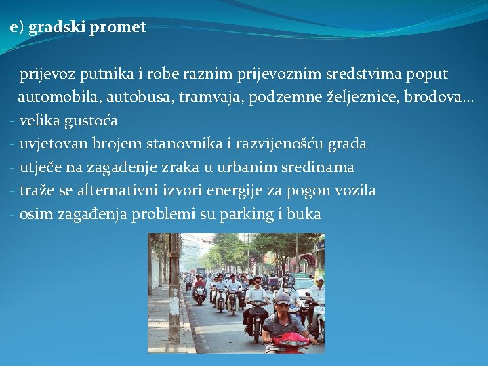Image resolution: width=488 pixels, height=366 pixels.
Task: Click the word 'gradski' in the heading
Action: [x=52, y=27]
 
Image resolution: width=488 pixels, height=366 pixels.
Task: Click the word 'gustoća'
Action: [x=92, y=121]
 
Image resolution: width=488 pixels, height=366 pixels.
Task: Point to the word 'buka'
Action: [x=304, y=213]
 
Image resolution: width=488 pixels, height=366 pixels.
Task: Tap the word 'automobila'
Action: [x=53, y=97]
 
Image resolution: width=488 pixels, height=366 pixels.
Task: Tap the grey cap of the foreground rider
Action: [x=283, y=299]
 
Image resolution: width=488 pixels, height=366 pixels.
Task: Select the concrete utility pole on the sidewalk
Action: [x=174, y=291]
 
